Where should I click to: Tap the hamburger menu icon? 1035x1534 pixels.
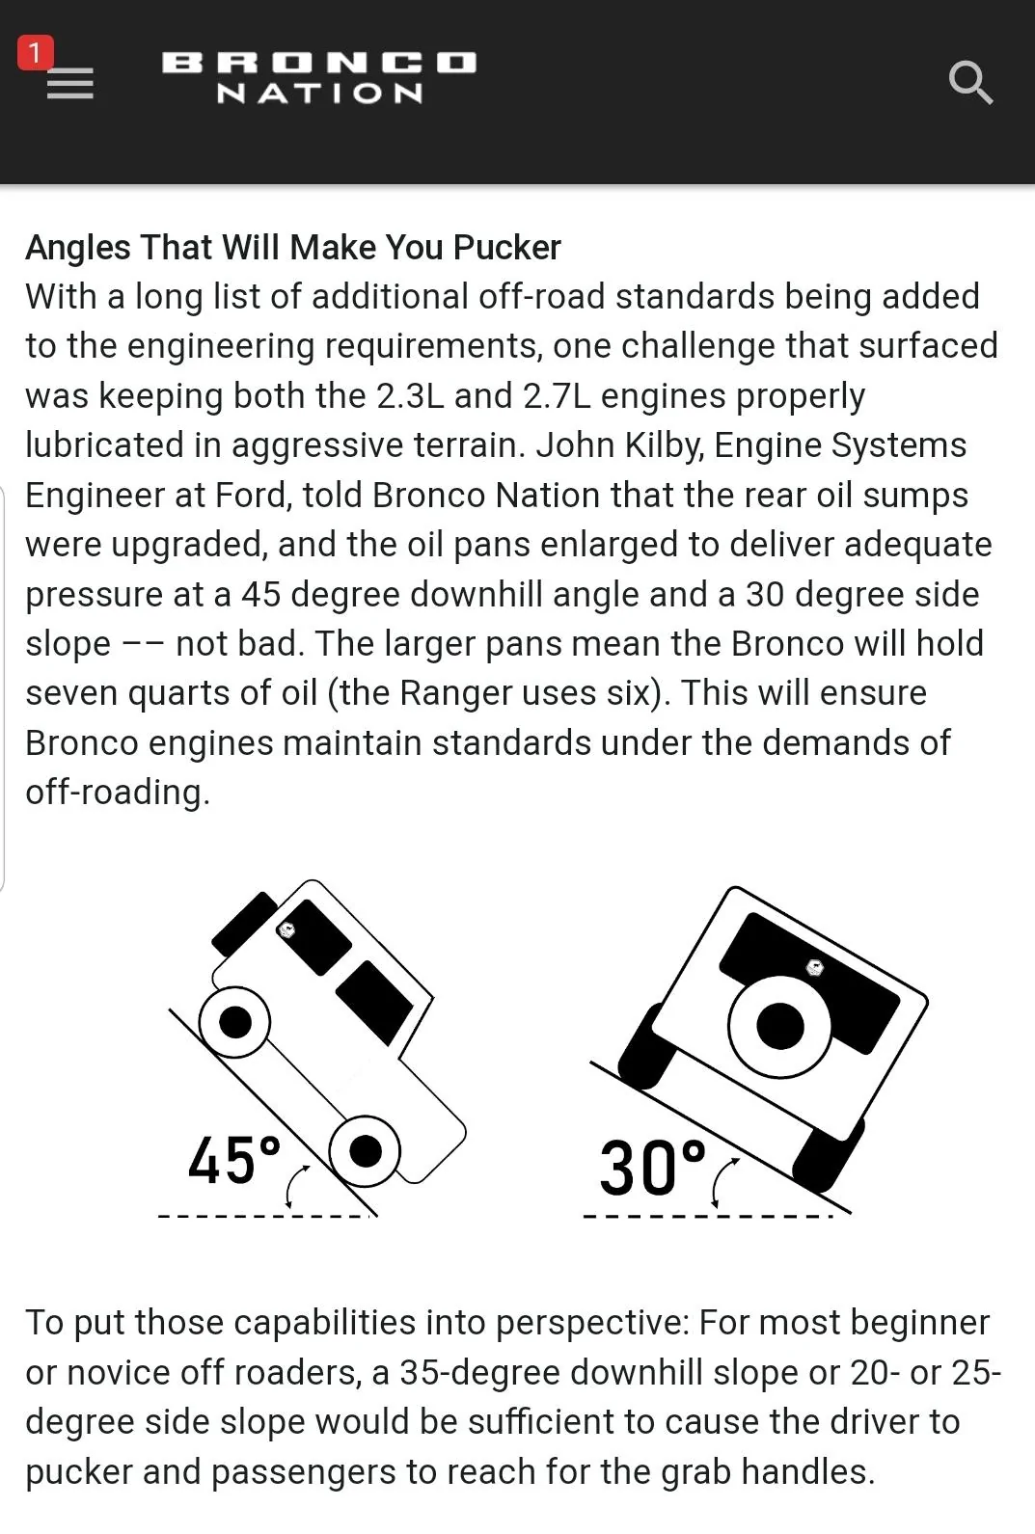pyautogui.click(x=69, y=84)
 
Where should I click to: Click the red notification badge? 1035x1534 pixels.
pyautogui.click(x=36, y=53)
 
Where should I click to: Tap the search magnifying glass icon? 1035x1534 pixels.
pyautogui.click(x=970, y=83)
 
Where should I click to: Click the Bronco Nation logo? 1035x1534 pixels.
pyautogui.click(x=319, y=77)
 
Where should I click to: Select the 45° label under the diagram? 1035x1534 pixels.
pyautogui.click(x=233, y=1160)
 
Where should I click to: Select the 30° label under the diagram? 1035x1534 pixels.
pyautogui.click(x=651, y=1167)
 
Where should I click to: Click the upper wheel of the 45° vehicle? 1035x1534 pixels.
pyautogui.click(x=235, y=1022)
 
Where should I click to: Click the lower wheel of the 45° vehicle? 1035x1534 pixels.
pyautogui.click(x=365, y=1151)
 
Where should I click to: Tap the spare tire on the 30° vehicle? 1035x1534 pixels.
pyautogui.click(x=779, y=1026)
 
